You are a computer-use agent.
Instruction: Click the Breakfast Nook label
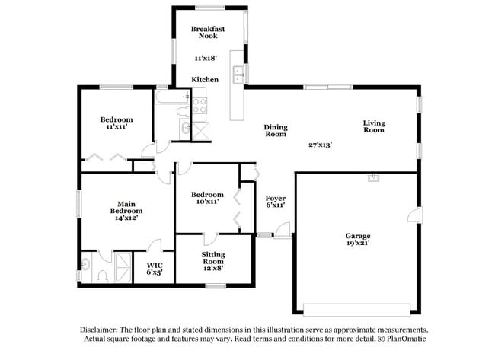[x=207, y=32]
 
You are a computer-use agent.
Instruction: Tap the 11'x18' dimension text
[x=206, y=58]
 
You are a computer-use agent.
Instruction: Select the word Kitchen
[x=205, y=79]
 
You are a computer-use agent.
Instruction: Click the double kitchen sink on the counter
[x=240, y=74]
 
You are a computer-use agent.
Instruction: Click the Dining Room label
[x=275, y=130]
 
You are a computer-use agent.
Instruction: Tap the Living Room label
[x=374, y=126]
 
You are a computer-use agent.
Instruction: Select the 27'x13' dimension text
[x=321, y=144]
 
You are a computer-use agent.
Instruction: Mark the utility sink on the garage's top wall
[x=373, y=179]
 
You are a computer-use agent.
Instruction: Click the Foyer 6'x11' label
[x=275, y=202]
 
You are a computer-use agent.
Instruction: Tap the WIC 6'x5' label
[x=154, y=270]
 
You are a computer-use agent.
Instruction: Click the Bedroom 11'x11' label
[x=117, y=123]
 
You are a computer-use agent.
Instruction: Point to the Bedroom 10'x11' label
[x=206, y=198]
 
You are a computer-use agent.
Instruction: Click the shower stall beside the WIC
[x=122, y=267]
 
